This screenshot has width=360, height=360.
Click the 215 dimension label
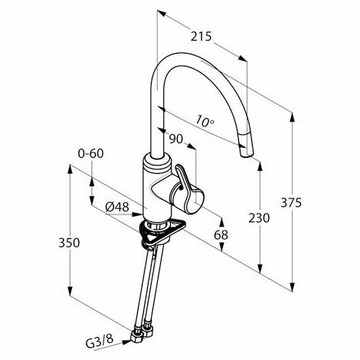pos(201,37)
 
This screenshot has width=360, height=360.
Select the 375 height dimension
pos(291,202)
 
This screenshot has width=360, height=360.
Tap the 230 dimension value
pos(259,218)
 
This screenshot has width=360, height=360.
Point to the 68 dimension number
pos(221,234)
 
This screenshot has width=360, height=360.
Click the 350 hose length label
pos(69,242)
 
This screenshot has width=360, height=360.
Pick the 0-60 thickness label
pos(91,154)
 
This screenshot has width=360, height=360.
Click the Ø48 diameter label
pos(117,207)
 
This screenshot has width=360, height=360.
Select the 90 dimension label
pos(176,139)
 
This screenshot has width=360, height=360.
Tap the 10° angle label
pos(205,121)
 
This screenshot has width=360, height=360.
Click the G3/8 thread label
pos(100,342)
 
